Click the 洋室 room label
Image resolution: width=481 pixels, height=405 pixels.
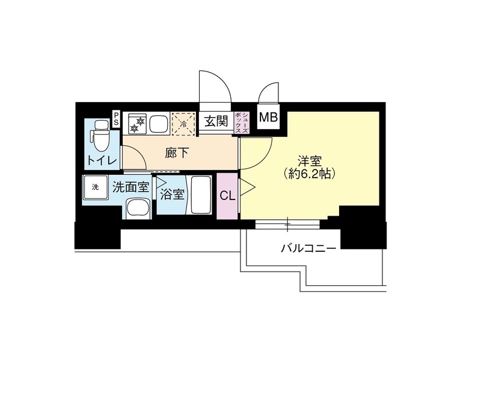pos(311,161)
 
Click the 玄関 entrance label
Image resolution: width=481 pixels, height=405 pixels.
pos(215,122)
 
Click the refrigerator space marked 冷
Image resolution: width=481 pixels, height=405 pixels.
pos(184,123)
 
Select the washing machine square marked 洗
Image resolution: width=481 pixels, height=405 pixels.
pos(94,186)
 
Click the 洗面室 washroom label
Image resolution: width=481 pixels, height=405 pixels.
pos(130,187)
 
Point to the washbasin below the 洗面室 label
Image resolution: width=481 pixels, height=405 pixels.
pos(138,209)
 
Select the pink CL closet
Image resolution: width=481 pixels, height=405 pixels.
pos(227,195)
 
